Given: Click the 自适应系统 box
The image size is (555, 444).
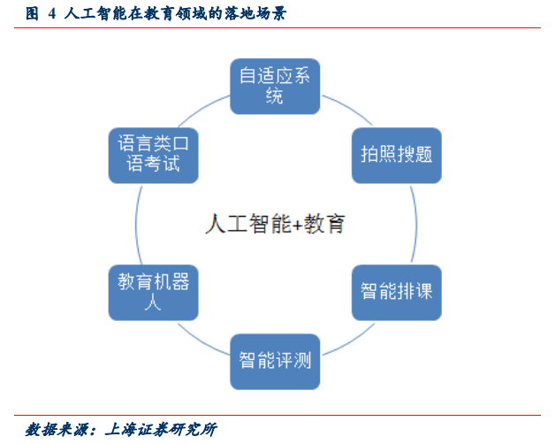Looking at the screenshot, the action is (275, 87).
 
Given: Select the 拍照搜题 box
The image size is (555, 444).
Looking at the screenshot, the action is (397, 156).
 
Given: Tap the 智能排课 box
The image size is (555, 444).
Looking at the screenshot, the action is (397, 293).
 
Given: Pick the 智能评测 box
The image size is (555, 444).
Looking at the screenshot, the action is (275, 362).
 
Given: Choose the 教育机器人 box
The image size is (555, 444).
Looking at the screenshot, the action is (153, 293).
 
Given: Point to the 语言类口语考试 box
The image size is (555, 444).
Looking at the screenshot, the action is (153, 156).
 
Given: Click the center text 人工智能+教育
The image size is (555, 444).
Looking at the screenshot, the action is (275, 224).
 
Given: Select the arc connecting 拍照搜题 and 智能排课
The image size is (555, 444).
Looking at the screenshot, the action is (416, 224).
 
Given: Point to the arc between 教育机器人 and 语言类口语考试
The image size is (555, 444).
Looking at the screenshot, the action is (136, 224).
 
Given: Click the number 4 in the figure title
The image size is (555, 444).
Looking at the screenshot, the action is (51, 14).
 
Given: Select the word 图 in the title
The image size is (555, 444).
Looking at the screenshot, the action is (32, 14).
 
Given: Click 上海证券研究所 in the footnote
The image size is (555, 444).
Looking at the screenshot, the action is (161, 430).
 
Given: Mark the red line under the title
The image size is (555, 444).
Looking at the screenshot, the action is (277, 27).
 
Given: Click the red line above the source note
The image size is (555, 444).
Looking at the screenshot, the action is (277, 415).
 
